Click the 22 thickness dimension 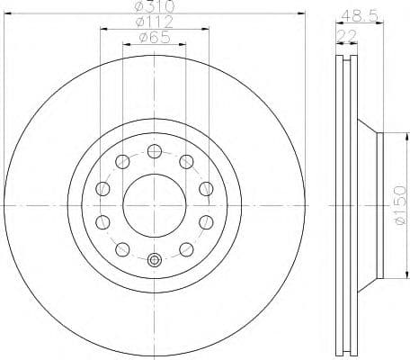point(345,34)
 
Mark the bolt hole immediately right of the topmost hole point(186,162)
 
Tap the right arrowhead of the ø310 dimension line point(303,14)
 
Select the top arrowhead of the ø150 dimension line point(388,136)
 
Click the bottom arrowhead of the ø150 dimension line point(388,274)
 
